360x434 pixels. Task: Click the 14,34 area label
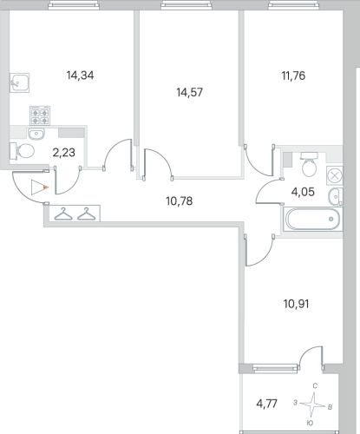click(80, 76)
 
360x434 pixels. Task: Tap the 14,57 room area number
click(190, 92)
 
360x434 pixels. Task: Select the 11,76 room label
click(293, 76)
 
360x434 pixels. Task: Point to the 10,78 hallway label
click(180, 201)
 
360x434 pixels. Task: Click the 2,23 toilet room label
click(64, 152)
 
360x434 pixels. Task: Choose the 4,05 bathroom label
click(303, 192)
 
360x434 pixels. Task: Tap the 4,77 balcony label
click(267, 403)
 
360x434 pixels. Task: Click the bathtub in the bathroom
click(312, 219)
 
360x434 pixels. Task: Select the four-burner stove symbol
click(40, 115)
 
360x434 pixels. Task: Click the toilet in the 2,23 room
click(23, 151)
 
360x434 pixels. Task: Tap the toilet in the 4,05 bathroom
click(309, 164)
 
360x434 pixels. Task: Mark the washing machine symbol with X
click(335, 175)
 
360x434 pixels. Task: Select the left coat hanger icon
click(63, 214)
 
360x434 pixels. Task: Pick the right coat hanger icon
click(87, 214)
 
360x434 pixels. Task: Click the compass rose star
click(313, 404)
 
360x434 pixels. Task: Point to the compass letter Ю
click(310, 423)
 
